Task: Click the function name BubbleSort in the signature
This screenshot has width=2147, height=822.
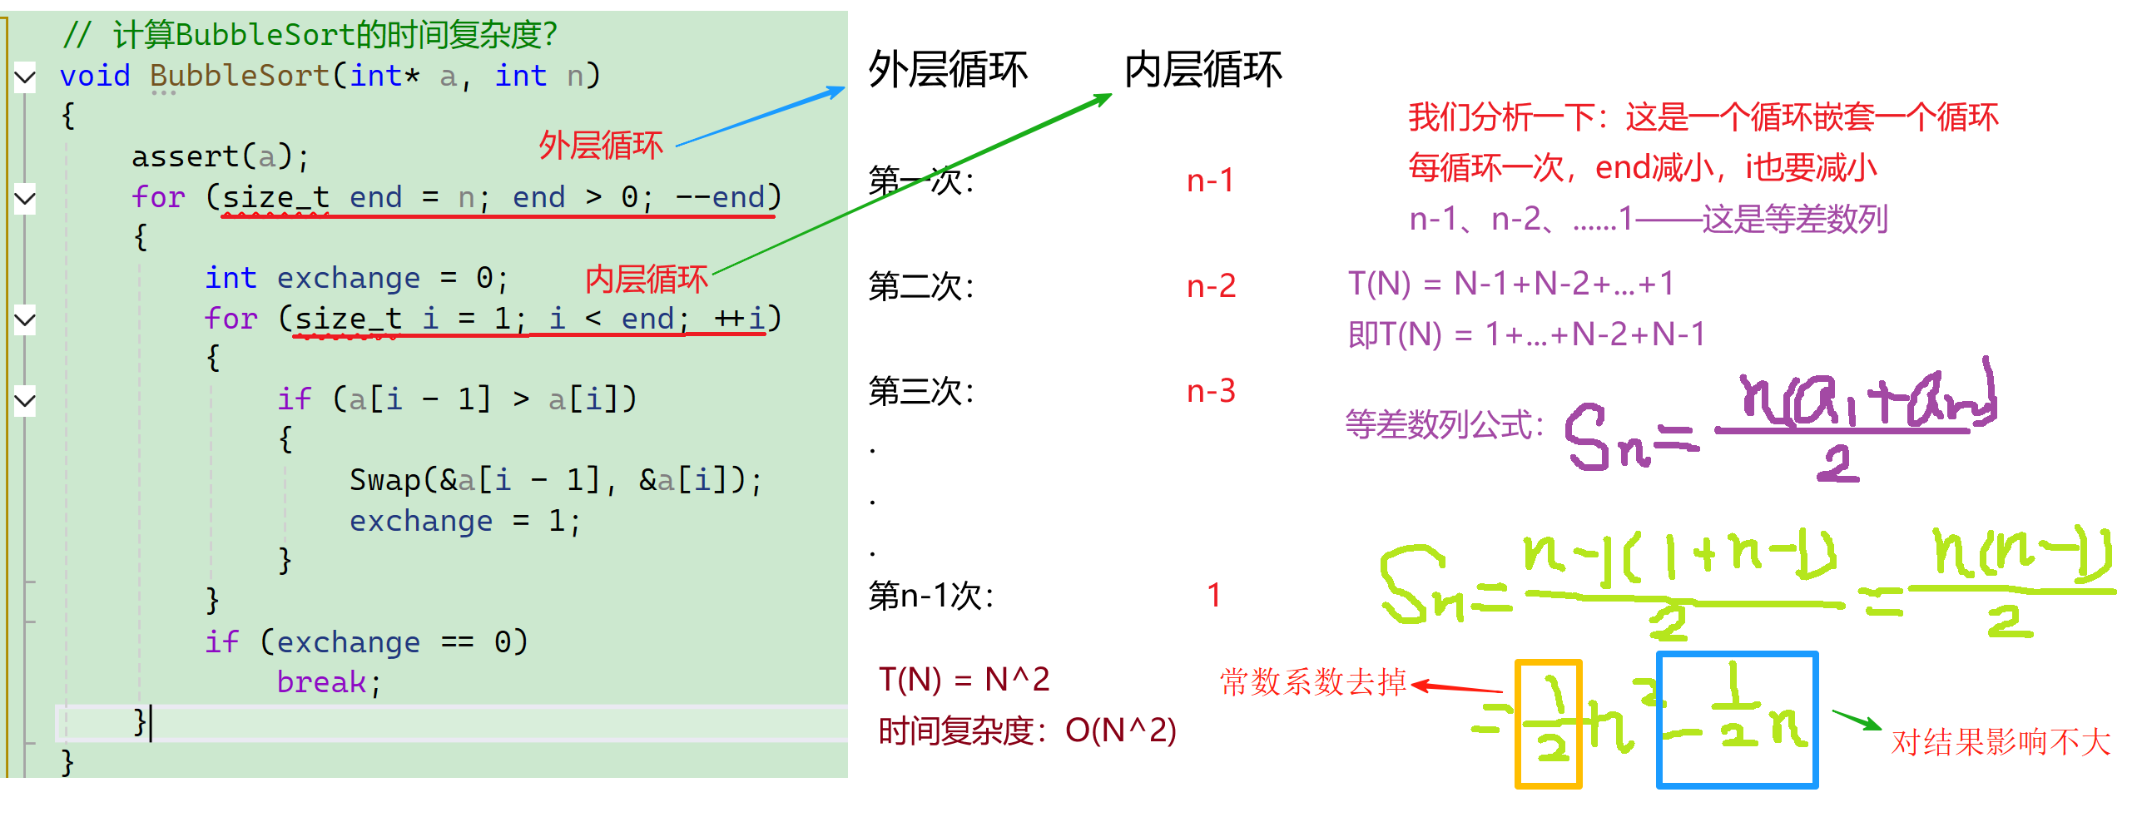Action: pos(240,76)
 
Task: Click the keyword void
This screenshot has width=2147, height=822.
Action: pos(95,76)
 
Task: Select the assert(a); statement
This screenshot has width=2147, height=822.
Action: pos(220,156)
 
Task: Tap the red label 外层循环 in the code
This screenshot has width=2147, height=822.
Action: pos(600,146)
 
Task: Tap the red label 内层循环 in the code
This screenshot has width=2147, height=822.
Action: pos(646,280)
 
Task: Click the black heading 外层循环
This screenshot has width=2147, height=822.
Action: pos(948,70)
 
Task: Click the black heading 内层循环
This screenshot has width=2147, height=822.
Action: pos(1202,70)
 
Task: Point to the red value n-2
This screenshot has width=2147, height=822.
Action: pos(1211,287)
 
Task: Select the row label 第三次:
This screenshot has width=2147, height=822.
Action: pos(921,391)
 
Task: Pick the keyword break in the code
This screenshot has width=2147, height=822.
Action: pos(321,683)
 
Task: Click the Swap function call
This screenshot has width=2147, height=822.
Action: pos(385,481)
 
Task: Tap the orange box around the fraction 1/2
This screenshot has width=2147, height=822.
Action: pos(1548,724)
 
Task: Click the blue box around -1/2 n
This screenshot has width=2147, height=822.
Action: pos(1737,720)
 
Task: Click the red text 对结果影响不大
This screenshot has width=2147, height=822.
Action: pos(2001,742)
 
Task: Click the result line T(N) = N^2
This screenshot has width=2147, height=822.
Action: pos(964,681)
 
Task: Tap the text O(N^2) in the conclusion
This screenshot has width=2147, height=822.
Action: pos(1120,731)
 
